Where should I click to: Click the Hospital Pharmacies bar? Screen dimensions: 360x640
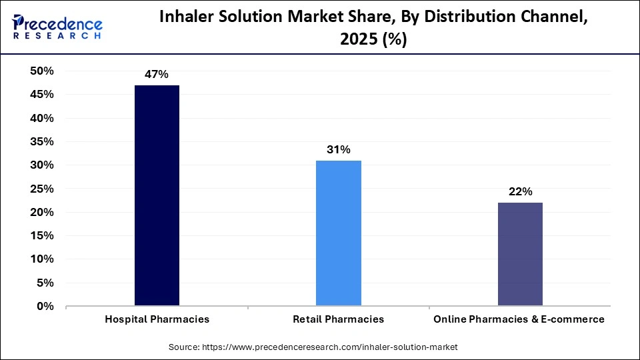(157, 195)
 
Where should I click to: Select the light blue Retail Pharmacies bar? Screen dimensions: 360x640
(339, 233)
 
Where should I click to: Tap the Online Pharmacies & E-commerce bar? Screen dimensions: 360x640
(520, 254)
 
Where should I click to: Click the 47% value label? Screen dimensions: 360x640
(157, 75)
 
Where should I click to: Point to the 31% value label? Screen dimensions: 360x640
(339, 150)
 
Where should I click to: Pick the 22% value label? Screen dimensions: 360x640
(520, 192)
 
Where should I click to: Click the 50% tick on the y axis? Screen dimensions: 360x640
(42, 71)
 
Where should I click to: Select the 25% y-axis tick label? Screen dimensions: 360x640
(42, 189)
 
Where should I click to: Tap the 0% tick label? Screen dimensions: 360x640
(46, 307)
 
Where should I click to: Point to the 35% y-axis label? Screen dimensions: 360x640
(42, 142)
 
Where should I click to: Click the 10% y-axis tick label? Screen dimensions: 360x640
(42, 259)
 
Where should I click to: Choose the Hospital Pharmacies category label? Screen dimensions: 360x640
(157, 319)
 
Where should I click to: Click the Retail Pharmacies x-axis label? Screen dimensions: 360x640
(339, 319)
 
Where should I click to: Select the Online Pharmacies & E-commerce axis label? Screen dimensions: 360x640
(519, 319)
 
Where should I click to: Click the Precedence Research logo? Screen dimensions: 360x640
(57, 27)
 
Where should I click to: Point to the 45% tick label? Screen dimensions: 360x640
(42, 95)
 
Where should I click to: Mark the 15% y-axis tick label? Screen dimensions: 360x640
(42, 236)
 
